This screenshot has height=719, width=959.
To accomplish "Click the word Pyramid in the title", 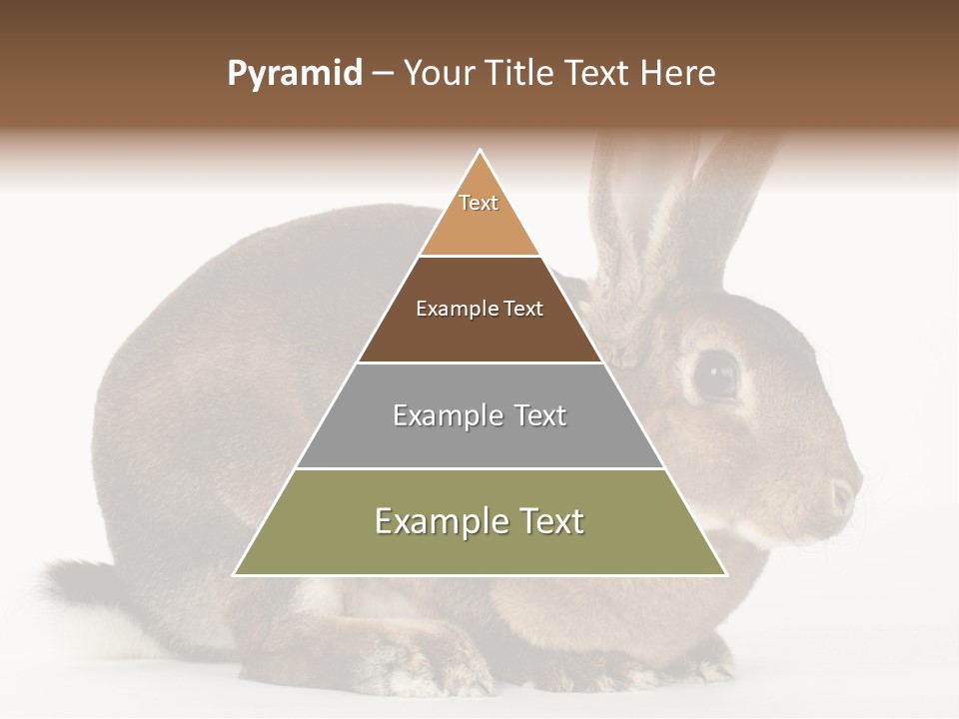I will pyautogui.click(x=294, y=74).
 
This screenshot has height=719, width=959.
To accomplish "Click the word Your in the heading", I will pyautogui.click(x=439, y=74).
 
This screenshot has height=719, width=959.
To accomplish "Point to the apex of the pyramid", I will pyautogui.click(x=480, y=151).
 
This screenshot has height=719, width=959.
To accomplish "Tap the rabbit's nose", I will pyautogui.click(x=845, y=493).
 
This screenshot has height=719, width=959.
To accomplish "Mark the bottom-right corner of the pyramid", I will pyautogui.click(x=725, y=574).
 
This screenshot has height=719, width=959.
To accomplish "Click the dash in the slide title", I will pyautogui.click(x=382, y=74).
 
